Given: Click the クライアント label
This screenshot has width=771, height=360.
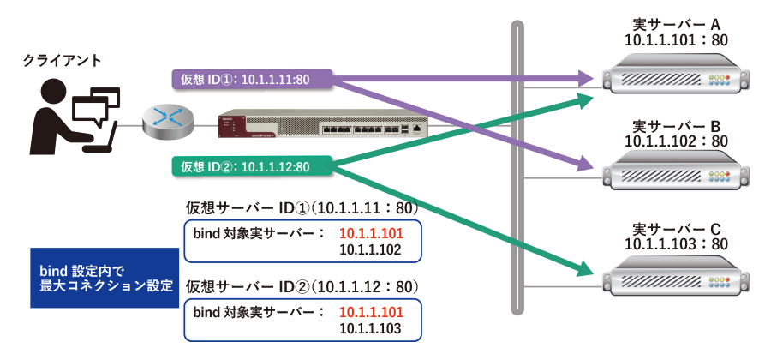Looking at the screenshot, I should click(62, 60).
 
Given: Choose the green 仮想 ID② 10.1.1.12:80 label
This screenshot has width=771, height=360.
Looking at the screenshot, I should click(244, 165).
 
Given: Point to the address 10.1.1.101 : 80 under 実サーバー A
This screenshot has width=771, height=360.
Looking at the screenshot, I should click(676, 39).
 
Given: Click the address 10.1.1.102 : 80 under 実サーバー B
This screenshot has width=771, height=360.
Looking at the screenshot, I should click(676, 141).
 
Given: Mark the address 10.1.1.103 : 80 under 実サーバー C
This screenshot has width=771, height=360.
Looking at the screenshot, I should click(676, 244).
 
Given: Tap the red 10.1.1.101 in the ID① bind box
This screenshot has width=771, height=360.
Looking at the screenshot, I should click(371, 233).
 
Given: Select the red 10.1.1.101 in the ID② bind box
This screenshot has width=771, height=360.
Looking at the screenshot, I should click(371, 311).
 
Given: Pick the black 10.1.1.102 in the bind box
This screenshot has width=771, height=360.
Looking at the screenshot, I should click(371, 250).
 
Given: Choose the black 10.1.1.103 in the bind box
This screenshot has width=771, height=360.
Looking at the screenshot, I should click(371, 328).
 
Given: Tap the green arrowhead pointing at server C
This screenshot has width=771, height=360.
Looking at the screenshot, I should click(585, 271).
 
